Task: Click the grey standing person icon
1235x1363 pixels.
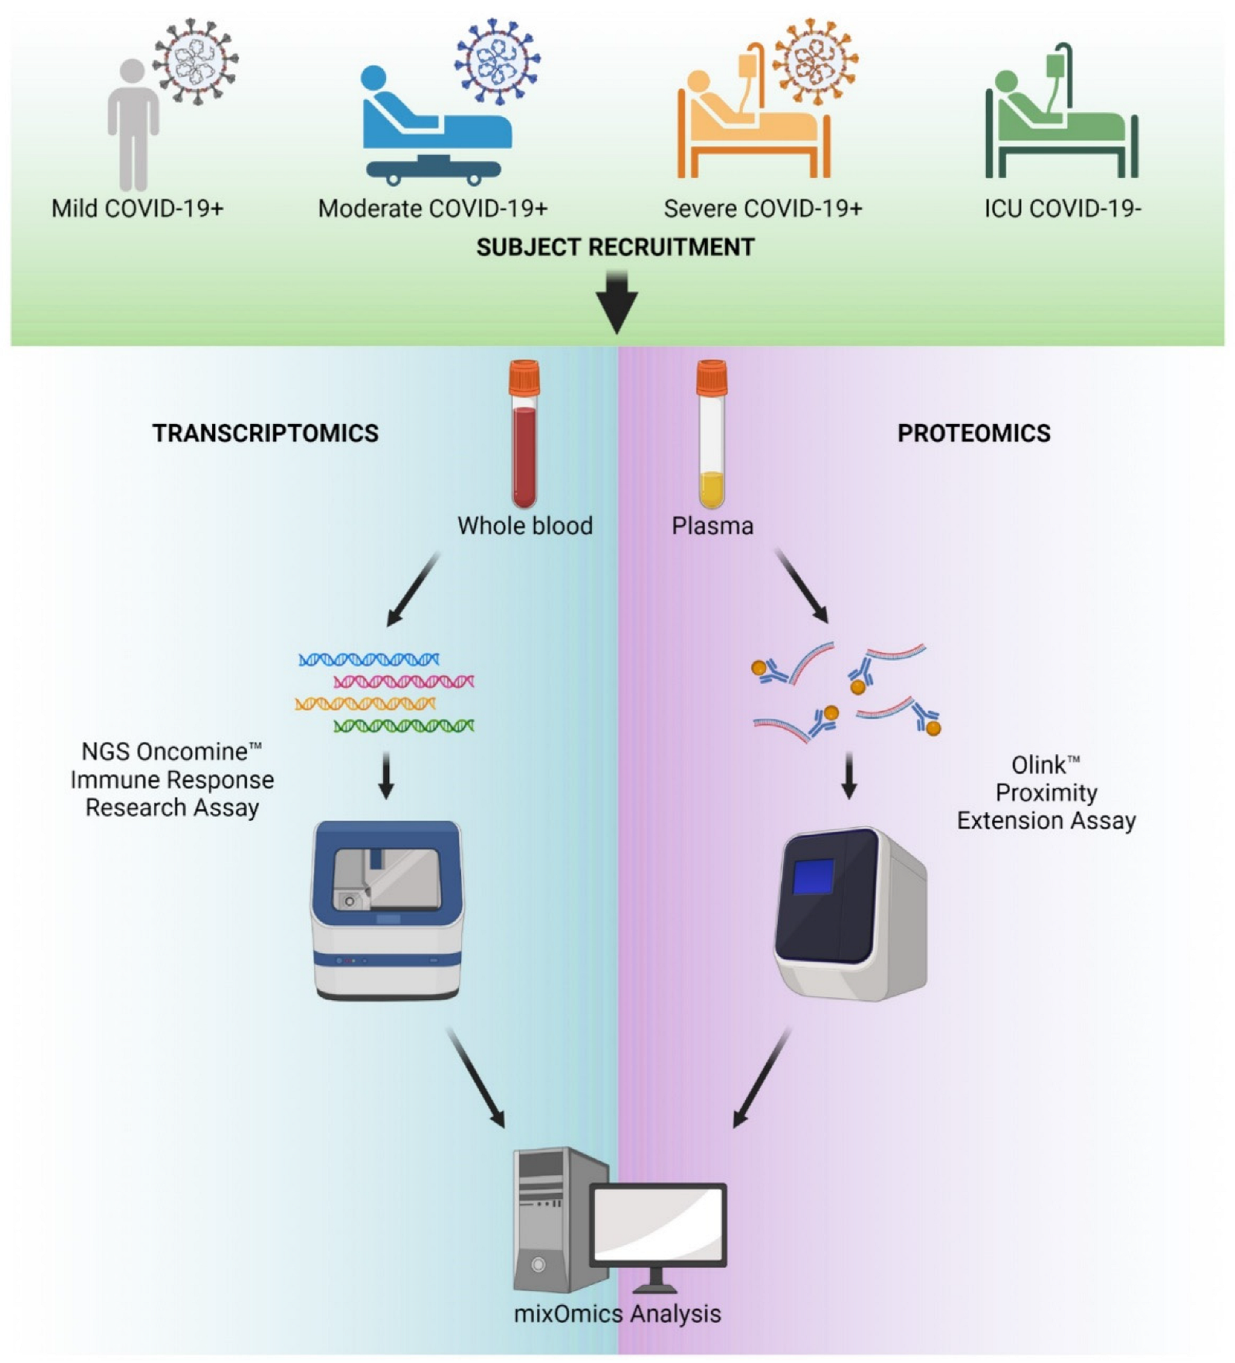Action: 133,124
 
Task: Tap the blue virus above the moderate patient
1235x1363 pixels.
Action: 498,61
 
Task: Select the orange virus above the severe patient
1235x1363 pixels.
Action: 815,61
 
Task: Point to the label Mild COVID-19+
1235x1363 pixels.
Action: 138,209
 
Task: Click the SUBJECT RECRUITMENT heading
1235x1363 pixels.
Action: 615,248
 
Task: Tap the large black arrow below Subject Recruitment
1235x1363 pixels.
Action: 617,302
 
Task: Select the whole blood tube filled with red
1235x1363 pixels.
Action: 525,433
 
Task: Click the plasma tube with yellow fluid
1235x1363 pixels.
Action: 711,433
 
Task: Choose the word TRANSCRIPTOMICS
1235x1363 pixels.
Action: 265,433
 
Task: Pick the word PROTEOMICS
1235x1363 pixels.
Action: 974,433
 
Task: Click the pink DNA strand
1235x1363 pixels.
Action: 404,681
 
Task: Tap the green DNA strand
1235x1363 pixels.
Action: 404,726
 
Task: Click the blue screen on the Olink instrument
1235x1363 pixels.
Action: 813,876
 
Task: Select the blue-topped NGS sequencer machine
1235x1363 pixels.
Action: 387,910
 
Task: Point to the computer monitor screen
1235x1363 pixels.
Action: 659,1225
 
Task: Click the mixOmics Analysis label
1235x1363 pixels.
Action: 617,1313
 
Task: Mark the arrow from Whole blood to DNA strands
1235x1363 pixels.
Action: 413,589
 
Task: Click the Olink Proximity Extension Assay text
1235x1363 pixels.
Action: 1046,793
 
